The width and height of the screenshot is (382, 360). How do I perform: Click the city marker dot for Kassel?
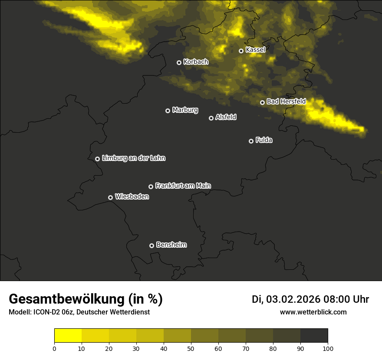tap(241, 51)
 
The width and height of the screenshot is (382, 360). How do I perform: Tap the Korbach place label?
tap(196, 62)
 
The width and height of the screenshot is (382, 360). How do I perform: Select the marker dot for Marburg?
tap(168, 111)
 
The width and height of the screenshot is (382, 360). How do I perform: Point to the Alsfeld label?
tap(226, 117)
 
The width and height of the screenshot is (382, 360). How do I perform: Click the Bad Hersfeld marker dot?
tap(262, 102)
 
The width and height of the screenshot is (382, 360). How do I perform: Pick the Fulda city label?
tap(264, 140)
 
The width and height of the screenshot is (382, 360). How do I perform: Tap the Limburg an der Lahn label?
tap(133, 158)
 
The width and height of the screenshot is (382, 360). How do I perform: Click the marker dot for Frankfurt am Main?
tap(151, 187)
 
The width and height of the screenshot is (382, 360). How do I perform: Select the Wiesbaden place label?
tap(132, 196)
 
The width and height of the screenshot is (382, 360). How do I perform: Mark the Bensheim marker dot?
tap(151, 245)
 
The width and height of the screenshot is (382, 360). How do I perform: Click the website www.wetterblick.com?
tap(313, 312)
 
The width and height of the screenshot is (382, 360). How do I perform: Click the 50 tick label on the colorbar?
tap(191, 348)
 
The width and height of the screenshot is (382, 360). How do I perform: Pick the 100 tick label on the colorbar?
tap(328, 348)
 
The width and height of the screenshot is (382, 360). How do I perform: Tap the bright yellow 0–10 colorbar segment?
tap(68, 336)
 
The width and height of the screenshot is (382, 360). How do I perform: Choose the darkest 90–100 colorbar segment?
tap(314, 336)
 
